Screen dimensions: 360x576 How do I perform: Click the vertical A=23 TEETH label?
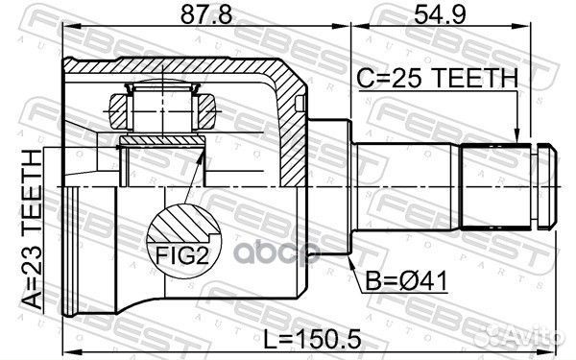[31, 229]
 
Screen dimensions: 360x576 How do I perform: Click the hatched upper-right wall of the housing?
[288, 86]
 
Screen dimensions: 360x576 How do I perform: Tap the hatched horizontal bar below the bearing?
[160, 143]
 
